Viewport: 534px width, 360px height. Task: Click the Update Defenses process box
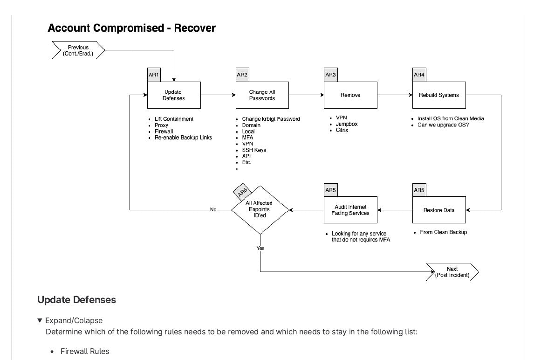pyautogui.click(x=174, y=95)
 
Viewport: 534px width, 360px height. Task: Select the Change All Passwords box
pyautogui.click(x=262, y=95)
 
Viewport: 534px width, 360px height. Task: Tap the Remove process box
pyautogui.click(x=350, y=95)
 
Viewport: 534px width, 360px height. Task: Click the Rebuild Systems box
pyautogui.click(x=438, y=95)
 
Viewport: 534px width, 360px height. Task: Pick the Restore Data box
pyautogui.click(x=438, y=210)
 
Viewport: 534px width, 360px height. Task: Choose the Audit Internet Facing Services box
pyautogui.click(x=350, y=210)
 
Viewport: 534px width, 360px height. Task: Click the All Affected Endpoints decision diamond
pyautogui.click(x=260, y=210)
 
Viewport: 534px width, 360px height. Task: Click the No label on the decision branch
pyautogui.click(x=213, y=210)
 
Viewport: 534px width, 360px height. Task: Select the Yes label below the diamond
pyautogui.click(x=260, y=248)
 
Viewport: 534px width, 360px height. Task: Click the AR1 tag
pyautogui.click(x=154, y=75)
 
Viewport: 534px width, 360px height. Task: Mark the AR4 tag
pyautogui.click(x=419, y=75)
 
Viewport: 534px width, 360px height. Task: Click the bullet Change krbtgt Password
pyautogui.click(x=271, y=119)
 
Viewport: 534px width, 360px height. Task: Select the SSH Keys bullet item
pyautogui.click(x=254, y=150)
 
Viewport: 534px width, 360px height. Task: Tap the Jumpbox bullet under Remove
pyautogui.click(x=347, y=124)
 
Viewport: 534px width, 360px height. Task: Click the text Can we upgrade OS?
pyautogui.click(x=443, y=125)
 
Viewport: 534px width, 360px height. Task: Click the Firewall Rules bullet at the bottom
pyautogui.click(x=85, y=351)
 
